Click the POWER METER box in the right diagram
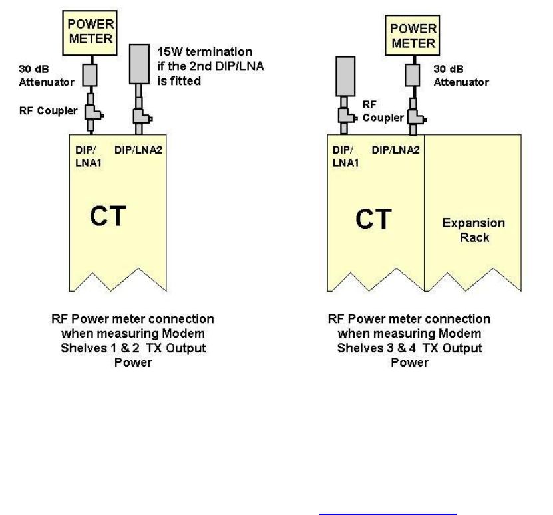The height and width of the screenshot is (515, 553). (x=413, y=35)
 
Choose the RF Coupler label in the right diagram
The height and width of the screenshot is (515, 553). (x=382, y=110)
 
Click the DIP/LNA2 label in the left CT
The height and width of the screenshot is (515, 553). (x=140, y=150)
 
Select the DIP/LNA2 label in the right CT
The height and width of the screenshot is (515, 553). (x=397, y=150)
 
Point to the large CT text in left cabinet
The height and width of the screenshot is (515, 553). (x=108, y=217)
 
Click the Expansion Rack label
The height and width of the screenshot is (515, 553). (x=474, y=229)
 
